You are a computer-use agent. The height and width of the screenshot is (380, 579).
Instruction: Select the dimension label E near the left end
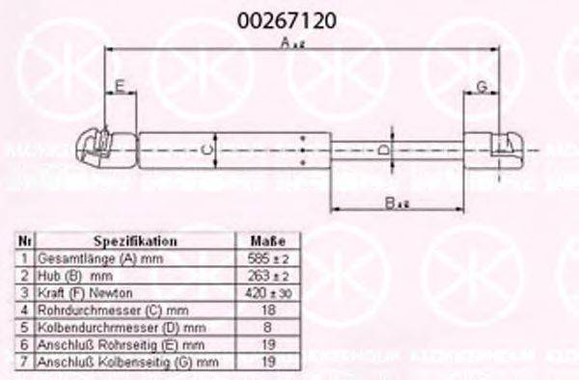[x=119, y=88]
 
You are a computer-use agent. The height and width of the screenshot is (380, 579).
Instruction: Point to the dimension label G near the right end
[x=480, y=88]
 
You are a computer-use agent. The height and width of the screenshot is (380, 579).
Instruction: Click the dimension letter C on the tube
[x=205, y=149]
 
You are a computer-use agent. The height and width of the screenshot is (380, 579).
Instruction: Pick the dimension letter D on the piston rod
[x=381, y=150]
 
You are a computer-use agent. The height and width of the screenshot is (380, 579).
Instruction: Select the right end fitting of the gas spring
[x=496, y=149]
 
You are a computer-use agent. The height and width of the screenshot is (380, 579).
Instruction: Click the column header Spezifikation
[x=134, y=241]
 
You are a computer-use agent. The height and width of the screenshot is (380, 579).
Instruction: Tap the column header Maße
[x=267, y=241]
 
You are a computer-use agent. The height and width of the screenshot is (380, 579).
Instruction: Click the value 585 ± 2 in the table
[x=267, y=258]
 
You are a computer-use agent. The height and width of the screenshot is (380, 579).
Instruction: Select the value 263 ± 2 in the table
[x=267, y=276]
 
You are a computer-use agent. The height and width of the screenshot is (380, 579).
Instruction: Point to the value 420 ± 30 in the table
[x=267, y=292]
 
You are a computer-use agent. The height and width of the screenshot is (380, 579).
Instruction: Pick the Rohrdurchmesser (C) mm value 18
[x=267, y=310]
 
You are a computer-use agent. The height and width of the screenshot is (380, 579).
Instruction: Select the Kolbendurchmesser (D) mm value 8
[x=267, y=327]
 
